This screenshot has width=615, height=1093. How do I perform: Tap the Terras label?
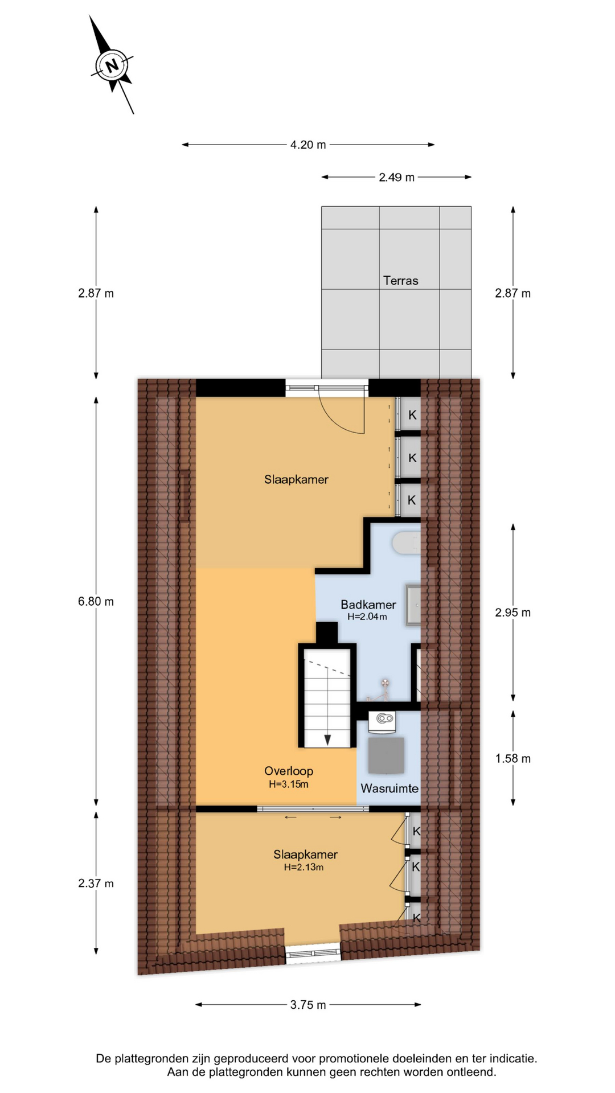(x=400, y=281)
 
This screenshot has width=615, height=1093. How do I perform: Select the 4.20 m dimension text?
(x=308, y=145)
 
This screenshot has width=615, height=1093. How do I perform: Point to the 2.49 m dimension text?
(x=396, y=177)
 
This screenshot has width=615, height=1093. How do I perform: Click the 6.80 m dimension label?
(x=96, y=601)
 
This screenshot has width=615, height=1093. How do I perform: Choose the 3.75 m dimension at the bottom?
(x=308, y=1005)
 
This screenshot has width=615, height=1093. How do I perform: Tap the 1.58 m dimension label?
(x=512, y=758)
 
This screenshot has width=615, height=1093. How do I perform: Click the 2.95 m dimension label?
(x=512, y=613)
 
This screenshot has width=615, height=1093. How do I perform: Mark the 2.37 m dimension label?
(x=96, y=884)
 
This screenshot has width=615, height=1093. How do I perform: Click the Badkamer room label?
(x=368, y=605)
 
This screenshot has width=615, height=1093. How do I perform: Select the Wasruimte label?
(x=389, y=788)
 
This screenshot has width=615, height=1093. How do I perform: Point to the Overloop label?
(x=289, y=771)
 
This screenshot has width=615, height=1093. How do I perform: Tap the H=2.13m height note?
(x=304, y=868)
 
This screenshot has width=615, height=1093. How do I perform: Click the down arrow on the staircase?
(x=327, y=739)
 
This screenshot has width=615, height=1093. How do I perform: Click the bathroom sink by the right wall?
(x=413, y=605)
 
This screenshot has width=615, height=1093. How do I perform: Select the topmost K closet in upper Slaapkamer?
(x=412, y=415)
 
